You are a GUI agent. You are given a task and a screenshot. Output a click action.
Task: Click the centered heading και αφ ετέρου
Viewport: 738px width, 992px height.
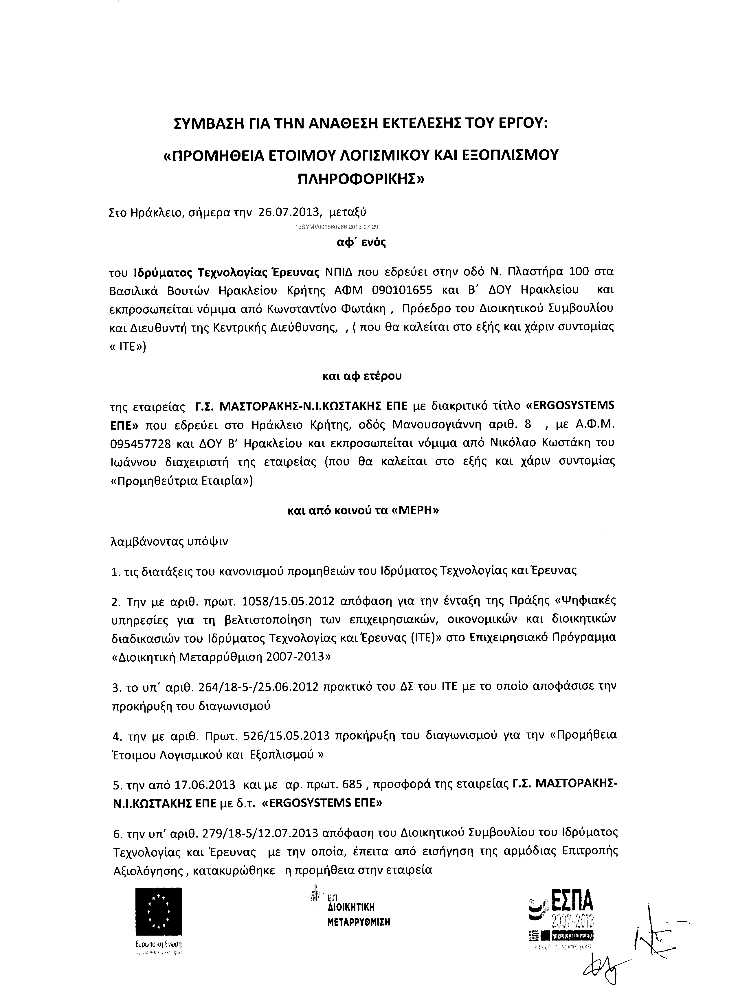(x=362, y=376)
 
